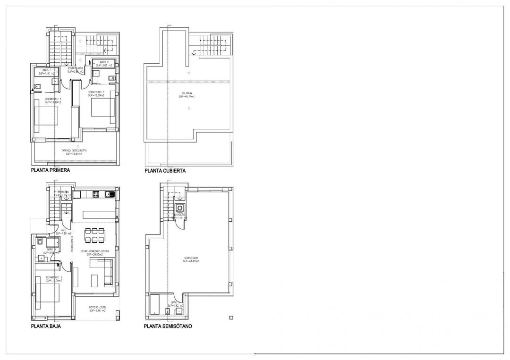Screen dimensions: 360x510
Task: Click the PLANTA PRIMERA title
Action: coord(51,170)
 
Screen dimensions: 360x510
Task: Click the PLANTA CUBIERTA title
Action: coord(165,171)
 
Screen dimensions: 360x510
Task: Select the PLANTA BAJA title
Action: coord(46,326)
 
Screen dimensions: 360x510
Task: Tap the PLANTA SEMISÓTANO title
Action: coord(168,326)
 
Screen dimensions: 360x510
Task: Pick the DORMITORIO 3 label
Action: coord(54,278)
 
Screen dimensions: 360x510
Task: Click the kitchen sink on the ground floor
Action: coord(110,193)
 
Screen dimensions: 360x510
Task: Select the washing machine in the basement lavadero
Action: coord(179,208)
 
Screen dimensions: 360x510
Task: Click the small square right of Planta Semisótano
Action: coord(230,318)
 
